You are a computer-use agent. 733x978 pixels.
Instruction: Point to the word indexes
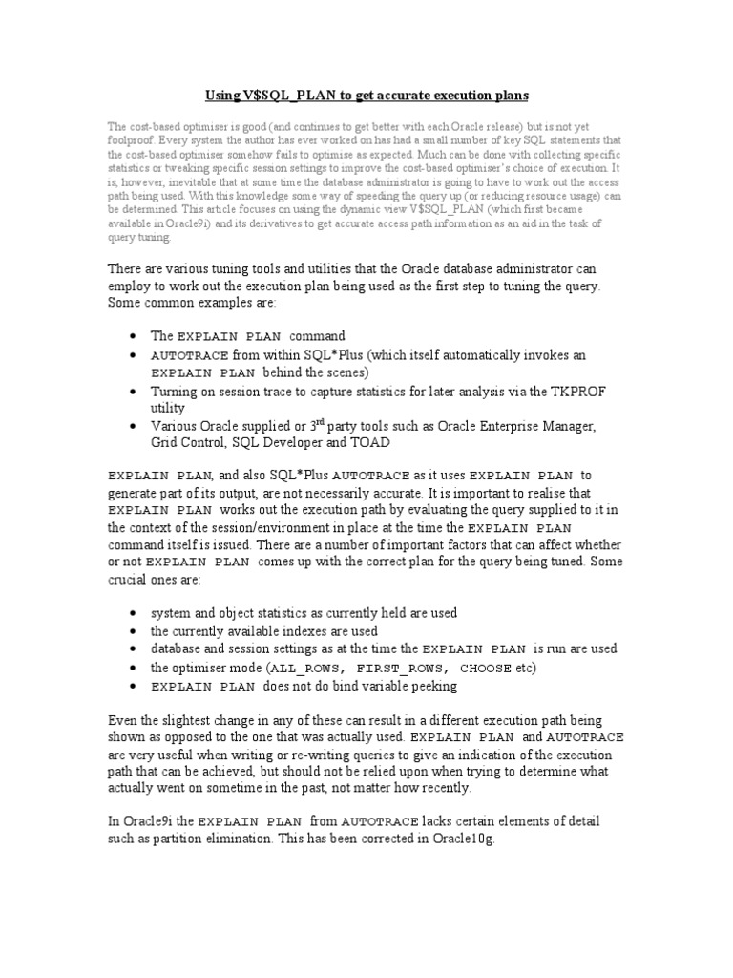(x=300, y=631)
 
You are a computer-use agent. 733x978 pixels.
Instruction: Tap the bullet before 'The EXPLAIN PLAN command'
(x=132, y=337)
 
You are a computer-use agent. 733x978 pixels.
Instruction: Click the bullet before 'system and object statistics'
(x=132, y=613)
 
